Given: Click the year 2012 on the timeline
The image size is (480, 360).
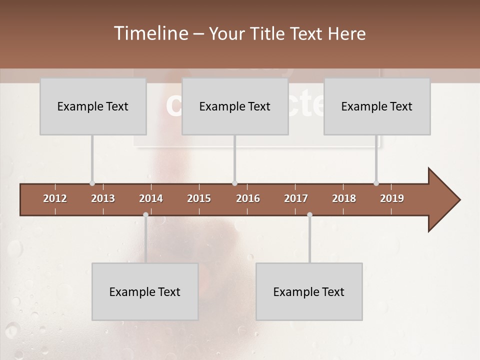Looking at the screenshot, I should tap(55, 198).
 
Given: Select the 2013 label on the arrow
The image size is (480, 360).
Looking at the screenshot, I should tap(103, 198).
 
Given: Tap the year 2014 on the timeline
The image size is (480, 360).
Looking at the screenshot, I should tap(151, 198).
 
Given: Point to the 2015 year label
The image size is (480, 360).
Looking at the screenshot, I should tap(199, 198).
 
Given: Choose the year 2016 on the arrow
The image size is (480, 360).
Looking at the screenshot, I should tap(248, 198).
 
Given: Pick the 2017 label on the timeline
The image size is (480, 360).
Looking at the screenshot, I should tap(296, 198).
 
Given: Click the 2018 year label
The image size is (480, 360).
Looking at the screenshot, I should tap(344, 198).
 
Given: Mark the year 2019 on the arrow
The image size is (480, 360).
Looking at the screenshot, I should tap(392, 198).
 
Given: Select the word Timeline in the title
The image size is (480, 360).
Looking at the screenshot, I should tap(150, 33).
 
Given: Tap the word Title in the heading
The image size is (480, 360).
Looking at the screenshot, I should tap(268, 33).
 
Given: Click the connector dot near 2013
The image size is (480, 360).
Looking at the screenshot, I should tap(92, 183).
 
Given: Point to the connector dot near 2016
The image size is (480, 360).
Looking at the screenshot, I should tap(234, 183).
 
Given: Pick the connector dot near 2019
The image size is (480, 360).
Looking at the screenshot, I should tap(376, 183).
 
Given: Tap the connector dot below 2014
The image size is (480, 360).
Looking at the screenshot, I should tap(145, 215).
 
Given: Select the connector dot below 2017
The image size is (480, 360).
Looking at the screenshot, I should tap(309, 215).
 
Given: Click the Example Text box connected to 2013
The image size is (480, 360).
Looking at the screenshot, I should tap(93, 106).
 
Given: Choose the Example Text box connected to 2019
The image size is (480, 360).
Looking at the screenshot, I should tap(377, 106).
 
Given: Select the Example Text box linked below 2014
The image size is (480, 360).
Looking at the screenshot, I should tap(145, 292).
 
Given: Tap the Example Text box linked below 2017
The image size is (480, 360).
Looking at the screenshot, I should tap(309, 292).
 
